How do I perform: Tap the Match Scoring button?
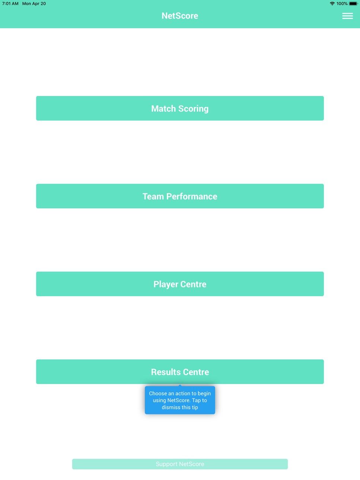(x=180, y=108)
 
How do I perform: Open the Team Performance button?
(x=180, y=196)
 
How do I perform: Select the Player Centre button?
(x=180, y=284)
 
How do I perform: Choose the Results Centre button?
(x=180, y=372)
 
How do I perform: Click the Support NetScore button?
(x=180, y=464)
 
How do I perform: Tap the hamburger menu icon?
(x=348, y=16)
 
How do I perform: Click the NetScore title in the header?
(x=180, y=16)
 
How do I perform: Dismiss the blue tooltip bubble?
(x=180, y=400)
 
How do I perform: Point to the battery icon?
(x=353, y=3)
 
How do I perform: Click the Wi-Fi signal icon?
(x=332, y=3)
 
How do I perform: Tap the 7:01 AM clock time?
(x=10, y=3)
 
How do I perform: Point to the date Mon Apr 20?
(x=34, y=3)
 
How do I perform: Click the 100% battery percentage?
(x=342, y=3)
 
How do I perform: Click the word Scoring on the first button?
(x=193, y=109)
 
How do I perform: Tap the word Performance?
(x=192, y=196)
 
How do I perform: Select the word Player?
(x=166, y=284)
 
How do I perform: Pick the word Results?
(x=166, y=372)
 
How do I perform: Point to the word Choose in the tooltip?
(x=158, y=393)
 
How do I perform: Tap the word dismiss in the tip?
(x=171, y=407)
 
